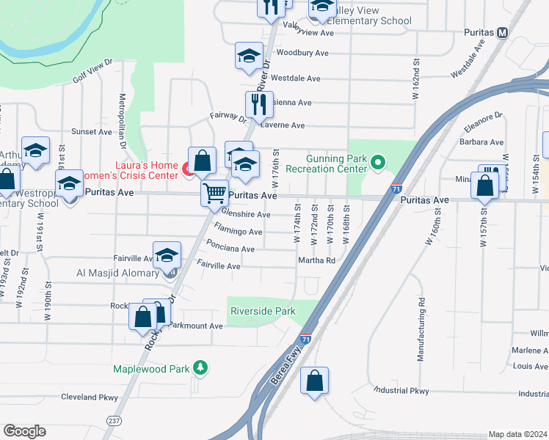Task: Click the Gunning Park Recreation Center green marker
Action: click(x=379, y=161)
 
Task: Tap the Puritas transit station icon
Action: click(x=503, y=32)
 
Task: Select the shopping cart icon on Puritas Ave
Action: click(x=214, y=194)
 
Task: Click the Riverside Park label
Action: click(x=263, y=311)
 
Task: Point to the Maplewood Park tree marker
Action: click(x=199, y=368)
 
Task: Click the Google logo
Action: click(x=24, y=430)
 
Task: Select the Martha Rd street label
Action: click(x=316, y=260)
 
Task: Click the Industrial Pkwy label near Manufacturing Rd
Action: click(x=401, y=391)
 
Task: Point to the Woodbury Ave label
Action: click(x=302, y=53)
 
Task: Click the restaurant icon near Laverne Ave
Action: click(x=258, y=104)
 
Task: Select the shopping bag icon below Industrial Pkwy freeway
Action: click(x=314, y=381)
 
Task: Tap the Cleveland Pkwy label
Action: click(x=90, y=397)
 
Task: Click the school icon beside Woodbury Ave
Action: click(x=249, y=55)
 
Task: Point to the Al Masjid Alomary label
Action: click(x=117, y=273)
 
